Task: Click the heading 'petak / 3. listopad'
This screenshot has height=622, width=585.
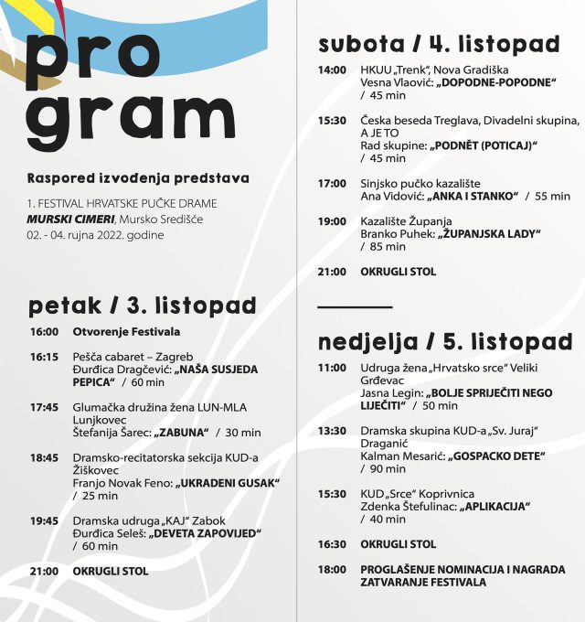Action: (x=143, y=305)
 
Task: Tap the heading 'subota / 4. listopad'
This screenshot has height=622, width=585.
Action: (x=439, y=43)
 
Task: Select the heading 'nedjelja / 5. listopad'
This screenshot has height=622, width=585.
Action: (x=445, y=342)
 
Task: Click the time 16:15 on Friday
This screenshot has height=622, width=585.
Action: (x=44, y=357)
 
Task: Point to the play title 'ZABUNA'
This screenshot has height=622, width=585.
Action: (x=183, y=432)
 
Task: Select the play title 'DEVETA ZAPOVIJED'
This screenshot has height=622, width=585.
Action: (x=206, y=532)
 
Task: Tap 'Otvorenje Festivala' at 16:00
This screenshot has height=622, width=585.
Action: (x=126, y=331)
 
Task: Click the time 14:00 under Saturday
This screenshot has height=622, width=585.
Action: (x=332, y=70)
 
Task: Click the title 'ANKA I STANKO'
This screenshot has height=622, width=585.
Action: (x=471, y=196)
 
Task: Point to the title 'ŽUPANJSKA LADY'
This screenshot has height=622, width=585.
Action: (x=488, y=233)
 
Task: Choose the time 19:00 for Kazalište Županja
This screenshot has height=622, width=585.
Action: (x=332, y=221)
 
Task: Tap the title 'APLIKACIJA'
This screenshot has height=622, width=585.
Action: (x=495, y=506)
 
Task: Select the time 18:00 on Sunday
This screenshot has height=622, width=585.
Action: (x=332, y=569)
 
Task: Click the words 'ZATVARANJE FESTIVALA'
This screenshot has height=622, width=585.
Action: (x=423, y=582)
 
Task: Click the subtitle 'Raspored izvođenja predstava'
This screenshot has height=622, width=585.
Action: (x=137, y=177)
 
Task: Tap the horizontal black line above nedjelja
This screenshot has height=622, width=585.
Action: (x=355, y=307)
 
